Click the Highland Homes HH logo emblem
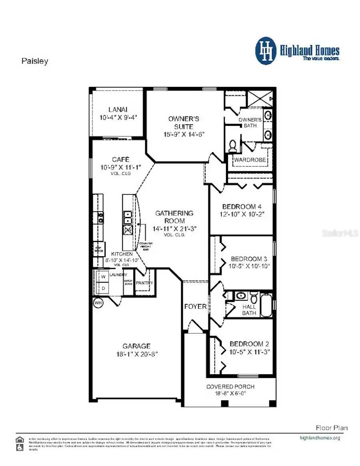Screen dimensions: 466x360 click(266, 51)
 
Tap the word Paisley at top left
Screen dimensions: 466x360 click(34, 61)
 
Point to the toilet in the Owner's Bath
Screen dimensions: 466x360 click(233, 146)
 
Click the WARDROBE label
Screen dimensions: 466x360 click(250, 160)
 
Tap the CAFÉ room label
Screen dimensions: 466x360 click(120, 159)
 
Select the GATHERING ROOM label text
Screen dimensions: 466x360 click(175, 217)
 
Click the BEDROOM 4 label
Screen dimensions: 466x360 click(239, 207)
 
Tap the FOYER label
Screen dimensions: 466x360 click(195, 307)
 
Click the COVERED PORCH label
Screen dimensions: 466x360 click(230, 386)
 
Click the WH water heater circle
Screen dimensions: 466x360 click(98, 303)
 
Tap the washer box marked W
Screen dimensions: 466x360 click(103, 277)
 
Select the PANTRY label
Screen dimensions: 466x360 click(144, 283)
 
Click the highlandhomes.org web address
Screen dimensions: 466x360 click(320, 438)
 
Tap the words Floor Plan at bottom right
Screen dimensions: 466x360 click(332, 428)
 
